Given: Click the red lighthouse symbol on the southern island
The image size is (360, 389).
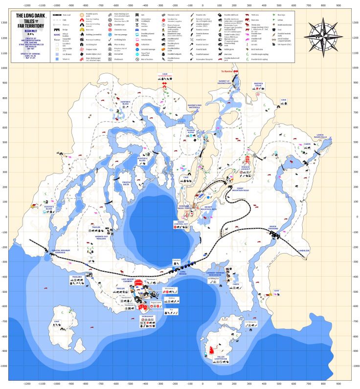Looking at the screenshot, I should coord(211,349).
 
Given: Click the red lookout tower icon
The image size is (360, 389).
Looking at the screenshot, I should coord(247,159).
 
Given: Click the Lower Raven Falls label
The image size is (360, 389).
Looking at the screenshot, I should coord(324,136).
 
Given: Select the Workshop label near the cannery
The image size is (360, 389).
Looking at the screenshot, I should coord(147,317).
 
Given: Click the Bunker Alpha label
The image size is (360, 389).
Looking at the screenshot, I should coord(194,131).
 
